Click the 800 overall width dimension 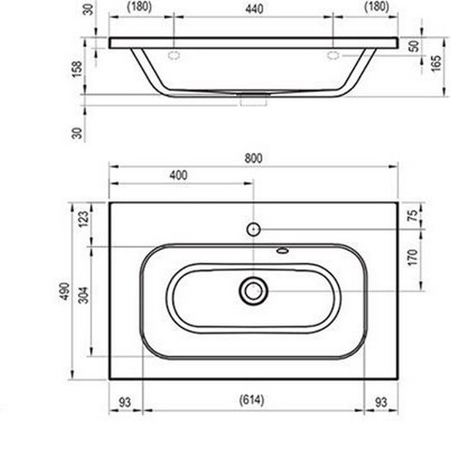pyautogui.click(x=253, y=158)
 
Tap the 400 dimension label pyautogui.click(x=178, y=175)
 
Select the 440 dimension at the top pyautogui.click(x=254, y=9)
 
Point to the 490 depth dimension pyautogui.click(x=64, y=291)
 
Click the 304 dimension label pyautogui.click(x=84, y=295)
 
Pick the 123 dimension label pyautogui.click(x=84, y=219)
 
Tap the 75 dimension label pyautogui.click(x=413, y=215)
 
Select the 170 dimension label pyautogui.click(x=412, y=258)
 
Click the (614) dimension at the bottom pyautogui.click(x=252, y=400)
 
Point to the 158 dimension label pyautogui.click(x=77, y=70)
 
